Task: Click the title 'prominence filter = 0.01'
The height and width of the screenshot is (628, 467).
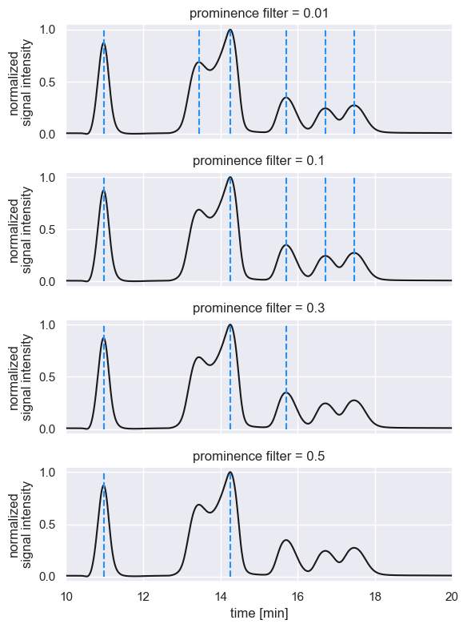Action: tap(259, 14)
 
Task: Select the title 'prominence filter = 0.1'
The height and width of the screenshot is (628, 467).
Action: tap(259, 161)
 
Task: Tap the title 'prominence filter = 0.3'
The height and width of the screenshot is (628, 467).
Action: tap(259, 308)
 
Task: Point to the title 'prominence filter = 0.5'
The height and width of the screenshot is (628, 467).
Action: tap(259, 456)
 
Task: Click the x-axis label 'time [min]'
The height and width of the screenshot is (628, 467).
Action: tap(259, 613)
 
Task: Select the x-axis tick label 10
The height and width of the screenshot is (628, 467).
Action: tap(66, 596)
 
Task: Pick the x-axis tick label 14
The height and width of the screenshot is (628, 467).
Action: tap(221, 596)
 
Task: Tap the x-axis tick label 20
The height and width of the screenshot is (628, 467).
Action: tap(451, 596)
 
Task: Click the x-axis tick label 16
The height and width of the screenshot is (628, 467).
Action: tap(297, 596)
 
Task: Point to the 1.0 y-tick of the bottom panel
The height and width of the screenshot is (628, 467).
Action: tap(47, 473)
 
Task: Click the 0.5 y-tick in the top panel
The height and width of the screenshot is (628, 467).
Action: tap(47, 82)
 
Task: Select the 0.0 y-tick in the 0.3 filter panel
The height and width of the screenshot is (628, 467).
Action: tap(47, 429)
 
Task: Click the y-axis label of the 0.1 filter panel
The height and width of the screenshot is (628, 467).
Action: tap(23, 230)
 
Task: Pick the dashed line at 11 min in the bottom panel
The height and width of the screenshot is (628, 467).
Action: tap(104, 545)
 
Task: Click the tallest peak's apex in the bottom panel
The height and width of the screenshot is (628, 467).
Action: tap(230, 473)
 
